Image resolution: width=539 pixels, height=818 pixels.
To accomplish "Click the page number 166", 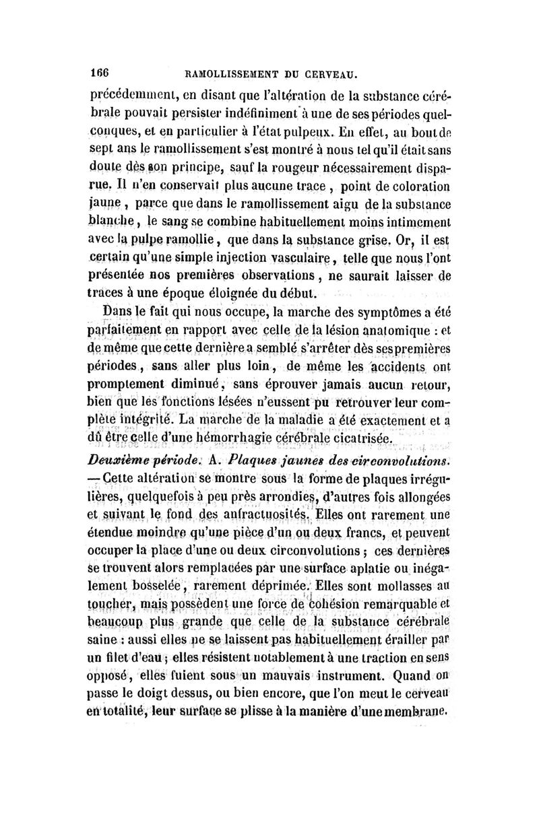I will coord(100,69).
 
